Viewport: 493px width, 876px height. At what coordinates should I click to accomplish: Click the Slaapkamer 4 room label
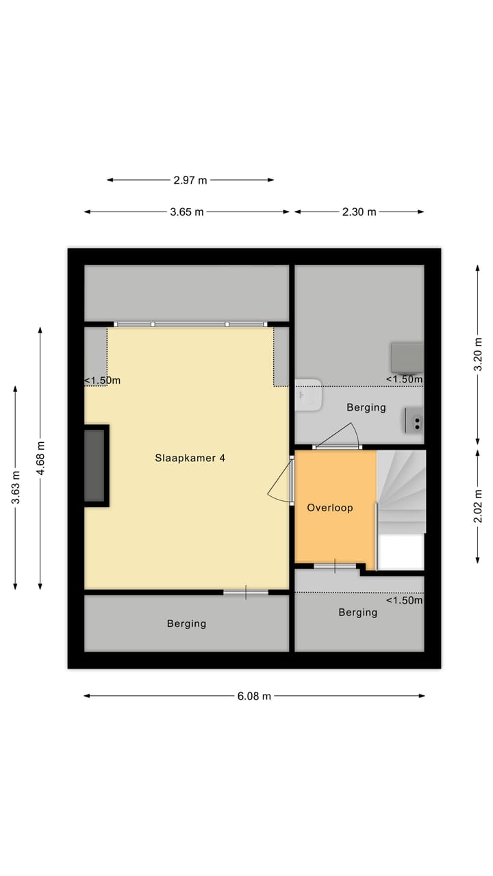click(190, 459)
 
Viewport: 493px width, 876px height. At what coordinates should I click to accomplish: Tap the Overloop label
click(330, 508)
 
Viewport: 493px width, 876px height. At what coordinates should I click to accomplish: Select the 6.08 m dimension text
click(254, 696)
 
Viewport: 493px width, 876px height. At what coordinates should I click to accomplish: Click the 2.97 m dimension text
click(190, 181)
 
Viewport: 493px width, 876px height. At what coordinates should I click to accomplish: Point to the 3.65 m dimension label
click(187, 212)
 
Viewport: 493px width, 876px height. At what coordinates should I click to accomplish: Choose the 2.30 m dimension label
click(359, 212)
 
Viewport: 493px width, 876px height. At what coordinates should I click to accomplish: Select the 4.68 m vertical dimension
click(40, 457)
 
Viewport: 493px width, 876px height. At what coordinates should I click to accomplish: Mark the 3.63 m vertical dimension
click(15, 487)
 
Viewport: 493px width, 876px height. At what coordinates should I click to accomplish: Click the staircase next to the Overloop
click(401, 493)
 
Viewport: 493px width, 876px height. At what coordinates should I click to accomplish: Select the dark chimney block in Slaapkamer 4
click(95, 465)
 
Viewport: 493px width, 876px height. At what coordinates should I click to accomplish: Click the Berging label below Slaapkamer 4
click(186, 623)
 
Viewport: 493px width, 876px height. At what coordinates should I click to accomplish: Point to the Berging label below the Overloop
click(357, 613)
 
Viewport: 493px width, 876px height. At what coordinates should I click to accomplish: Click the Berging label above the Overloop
click(366, 407)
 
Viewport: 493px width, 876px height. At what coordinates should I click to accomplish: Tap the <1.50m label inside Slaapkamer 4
click(102, 381)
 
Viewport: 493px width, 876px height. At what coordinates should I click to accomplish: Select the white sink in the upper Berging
click(309, 395)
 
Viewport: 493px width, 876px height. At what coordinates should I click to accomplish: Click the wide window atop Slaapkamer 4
click(190, 324)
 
